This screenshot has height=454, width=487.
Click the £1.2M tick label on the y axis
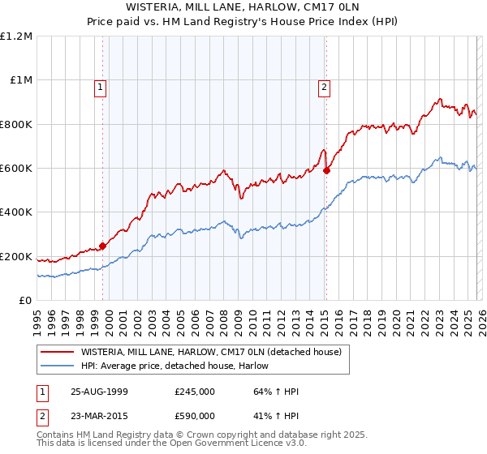pyautogui.click(x=16, y=36)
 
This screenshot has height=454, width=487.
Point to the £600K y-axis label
pyautogui.click(x=16, y=168)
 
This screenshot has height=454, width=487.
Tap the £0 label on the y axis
pyautogui.click(x=26, y=300)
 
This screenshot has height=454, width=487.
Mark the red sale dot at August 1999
pyautogui.click(x=103, y=246)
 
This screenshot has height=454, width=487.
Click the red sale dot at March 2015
pyautogui.click(x=326, y=170)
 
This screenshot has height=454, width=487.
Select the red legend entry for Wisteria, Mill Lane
pyautogui.click(x=215, y=352)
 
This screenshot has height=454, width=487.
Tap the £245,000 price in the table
pyautogui.click(x=195, y=392)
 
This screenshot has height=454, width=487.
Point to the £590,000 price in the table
pyautogui.click(x=195, y=416)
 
